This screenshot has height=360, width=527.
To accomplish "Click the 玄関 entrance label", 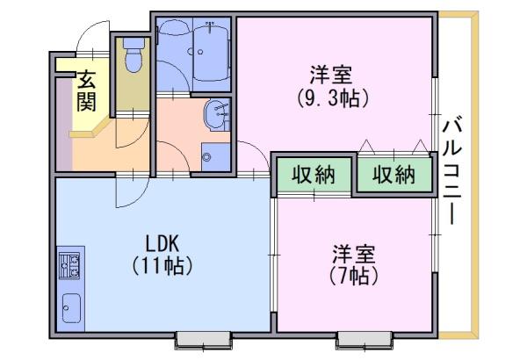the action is (x=86, y=90).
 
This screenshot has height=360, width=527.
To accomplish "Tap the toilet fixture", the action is (x=134, y=54).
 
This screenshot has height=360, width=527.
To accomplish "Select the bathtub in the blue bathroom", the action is (x=212, y=50).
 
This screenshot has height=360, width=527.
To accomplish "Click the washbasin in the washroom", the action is (x=217, y=115).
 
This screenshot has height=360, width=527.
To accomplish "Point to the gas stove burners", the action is (x=69, y=265).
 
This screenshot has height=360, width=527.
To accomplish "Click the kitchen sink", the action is (x=72, y=308).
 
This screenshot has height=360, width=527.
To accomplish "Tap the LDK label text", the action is (x=162, y=243).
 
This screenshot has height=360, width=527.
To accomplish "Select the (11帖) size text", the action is (x=162, y=266).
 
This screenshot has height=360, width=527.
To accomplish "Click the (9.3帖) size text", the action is (x=332, y=98).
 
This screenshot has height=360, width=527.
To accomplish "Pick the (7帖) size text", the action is (x=354, y=276).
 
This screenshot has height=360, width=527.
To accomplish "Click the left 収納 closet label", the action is (x=314, y=175).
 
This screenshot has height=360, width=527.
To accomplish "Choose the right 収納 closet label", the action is (x=393, y=175).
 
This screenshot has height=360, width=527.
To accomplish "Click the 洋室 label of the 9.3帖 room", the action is (x=331, y=75).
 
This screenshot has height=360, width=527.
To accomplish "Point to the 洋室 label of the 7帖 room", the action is (x=354, y=254).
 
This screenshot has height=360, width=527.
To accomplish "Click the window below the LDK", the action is (x=204, y=340).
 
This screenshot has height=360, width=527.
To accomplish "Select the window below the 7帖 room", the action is (x=365, y=340).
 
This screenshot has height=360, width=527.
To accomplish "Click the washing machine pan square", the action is (x=215, y=157).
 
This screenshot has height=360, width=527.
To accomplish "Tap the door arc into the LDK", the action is (x=141, y=198).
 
